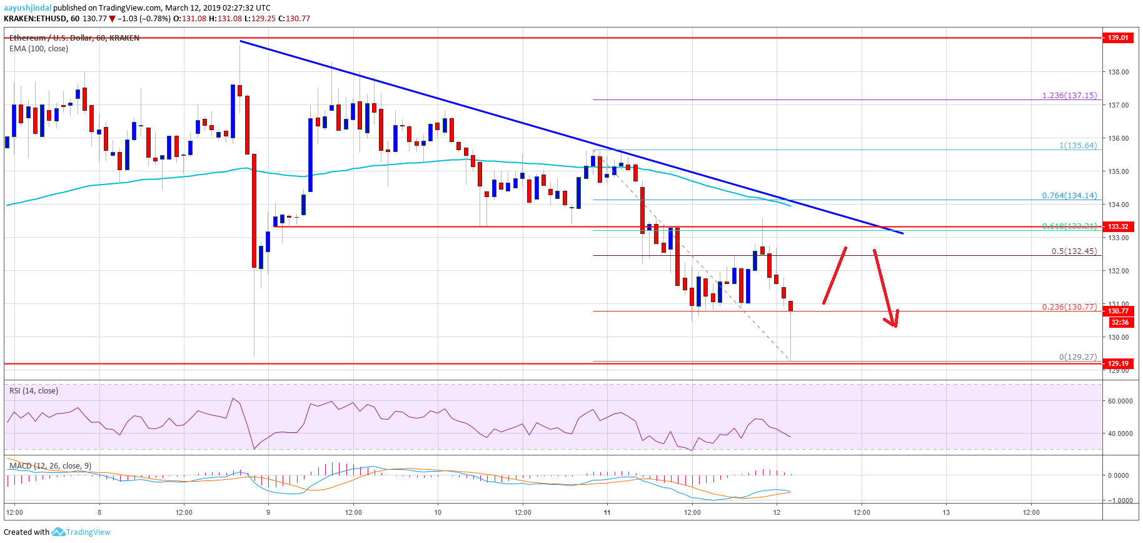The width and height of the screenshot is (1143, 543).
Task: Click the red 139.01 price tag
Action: pos(1118,38)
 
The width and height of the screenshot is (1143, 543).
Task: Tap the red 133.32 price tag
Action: pos(1118,226)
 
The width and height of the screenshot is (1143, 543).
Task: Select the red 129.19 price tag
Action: pos(1118,363)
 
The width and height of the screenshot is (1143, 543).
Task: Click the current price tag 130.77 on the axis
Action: pos(1118,311)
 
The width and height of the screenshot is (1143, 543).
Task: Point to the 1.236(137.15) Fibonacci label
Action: pos(1069,96)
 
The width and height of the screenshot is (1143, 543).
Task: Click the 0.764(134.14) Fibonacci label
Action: pos(1069,196)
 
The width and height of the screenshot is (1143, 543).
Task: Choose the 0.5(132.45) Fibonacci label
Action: pos(1074,251)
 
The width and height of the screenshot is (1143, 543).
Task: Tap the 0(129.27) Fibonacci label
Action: pos(1077,357)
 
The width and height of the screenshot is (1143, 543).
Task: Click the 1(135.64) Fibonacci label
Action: pos(1077,146)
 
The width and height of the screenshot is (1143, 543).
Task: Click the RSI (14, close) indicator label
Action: pos(33,391)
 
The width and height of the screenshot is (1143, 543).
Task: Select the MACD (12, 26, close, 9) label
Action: pos(50,466)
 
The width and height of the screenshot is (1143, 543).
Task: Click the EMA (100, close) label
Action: pos(39,49)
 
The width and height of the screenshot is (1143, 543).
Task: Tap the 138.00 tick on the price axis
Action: pos(1118,72)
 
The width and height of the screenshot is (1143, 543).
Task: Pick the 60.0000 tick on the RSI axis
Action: pos(1119,402)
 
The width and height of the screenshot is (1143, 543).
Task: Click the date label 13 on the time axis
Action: pos(946,512)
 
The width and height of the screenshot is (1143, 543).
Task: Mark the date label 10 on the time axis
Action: pos(438,512)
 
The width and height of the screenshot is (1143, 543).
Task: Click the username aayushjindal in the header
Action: pos(28,8)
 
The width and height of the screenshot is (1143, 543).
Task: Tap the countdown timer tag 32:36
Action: pos(1119,322)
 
